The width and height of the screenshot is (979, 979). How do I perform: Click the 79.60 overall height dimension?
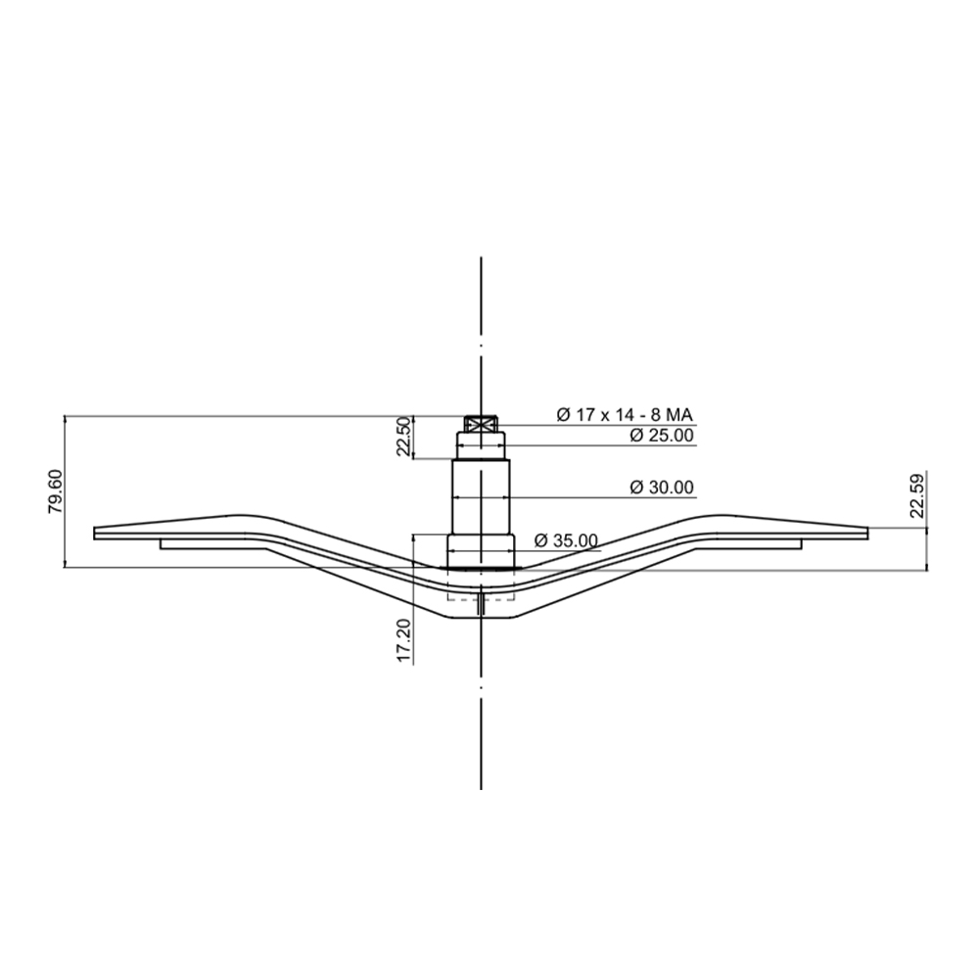(55, 491)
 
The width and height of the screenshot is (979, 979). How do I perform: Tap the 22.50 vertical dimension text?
(404, 437)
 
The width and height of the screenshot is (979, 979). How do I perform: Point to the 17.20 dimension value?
(404, 640)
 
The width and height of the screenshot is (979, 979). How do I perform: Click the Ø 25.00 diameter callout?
(662, 436)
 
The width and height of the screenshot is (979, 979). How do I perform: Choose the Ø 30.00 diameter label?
(662, 487)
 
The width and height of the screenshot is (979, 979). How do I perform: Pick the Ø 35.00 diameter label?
(566, 540)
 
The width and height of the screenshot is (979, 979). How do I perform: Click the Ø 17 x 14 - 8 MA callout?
(625, 414)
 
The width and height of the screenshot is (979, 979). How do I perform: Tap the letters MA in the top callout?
(680, 414)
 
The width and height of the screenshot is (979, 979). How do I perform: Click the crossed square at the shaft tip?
(481, 424)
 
